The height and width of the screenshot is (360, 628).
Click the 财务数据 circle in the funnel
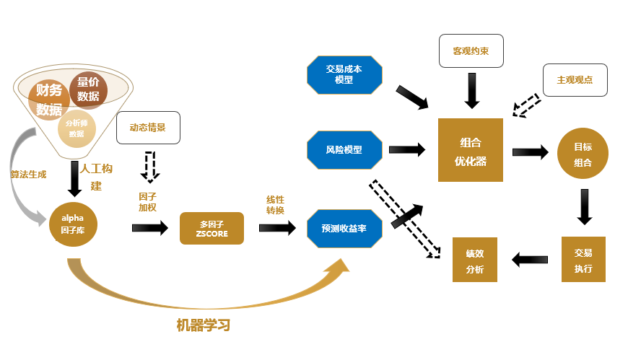coord(49,100)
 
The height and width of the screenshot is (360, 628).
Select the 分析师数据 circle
coord(76,128)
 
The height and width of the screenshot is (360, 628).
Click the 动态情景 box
coord(148,127)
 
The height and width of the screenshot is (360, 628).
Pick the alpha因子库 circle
coord(72,225)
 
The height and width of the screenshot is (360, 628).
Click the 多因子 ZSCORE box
coord(211,228)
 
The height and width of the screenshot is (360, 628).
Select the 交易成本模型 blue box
coord(344,74)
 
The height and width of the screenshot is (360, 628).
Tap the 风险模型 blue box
coord(344,149)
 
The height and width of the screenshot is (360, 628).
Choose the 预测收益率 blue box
coord(344,228)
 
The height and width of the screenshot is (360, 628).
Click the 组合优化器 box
coord(470,150)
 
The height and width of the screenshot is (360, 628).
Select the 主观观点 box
coord(575,80)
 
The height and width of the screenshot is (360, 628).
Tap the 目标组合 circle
coord(583,154)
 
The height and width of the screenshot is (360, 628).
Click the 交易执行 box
coord(583,259)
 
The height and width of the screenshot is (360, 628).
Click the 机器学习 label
coord(203,325)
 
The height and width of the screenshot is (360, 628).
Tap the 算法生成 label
coord(28,174)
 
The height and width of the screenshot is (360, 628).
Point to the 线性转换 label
coord(276,205)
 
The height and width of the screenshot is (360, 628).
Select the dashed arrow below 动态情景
coord(150,166)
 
